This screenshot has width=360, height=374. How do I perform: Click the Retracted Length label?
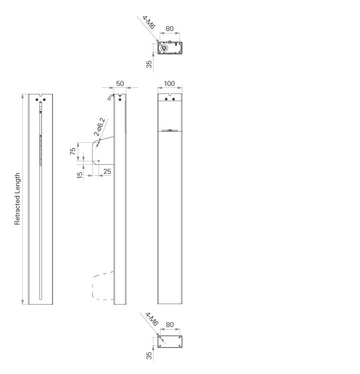pos(17,199)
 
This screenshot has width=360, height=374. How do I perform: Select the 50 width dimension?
pos(120,83)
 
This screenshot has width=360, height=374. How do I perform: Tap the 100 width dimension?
pos(169,83)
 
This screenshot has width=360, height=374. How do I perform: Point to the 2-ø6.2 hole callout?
pos(99,127)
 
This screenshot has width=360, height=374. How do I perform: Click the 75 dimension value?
pos(72,151)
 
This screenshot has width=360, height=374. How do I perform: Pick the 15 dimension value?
pos(80,175)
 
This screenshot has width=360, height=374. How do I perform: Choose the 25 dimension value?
pos(107,171)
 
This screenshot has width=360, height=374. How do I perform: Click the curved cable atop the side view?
pos(110,97)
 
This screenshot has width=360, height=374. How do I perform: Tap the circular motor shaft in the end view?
pos(164,48)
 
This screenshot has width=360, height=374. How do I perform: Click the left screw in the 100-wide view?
pos(166,99)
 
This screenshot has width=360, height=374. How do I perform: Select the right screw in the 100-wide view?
pos(173,99)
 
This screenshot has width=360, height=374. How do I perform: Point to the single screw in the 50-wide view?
pos(120,99)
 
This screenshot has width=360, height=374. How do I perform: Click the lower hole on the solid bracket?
pos(98,161)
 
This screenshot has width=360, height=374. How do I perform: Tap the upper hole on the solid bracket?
pos(98,143)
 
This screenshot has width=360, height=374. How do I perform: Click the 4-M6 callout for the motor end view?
pos(149,22)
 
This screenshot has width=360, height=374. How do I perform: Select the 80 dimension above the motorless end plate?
pos(169,325)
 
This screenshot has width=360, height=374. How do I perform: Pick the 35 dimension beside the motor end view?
pos(149,64)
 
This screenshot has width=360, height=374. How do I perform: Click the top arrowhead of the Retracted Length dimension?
pos(22,96)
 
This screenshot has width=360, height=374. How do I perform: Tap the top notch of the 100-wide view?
pos(170,94)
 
